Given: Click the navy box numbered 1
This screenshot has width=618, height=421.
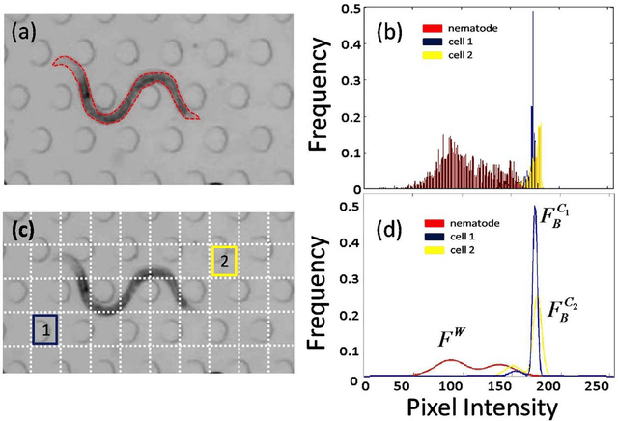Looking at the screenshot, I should click(44, 329).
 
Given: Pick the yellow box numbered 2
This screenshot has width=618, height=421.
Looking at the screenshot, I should click(224, 261).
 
